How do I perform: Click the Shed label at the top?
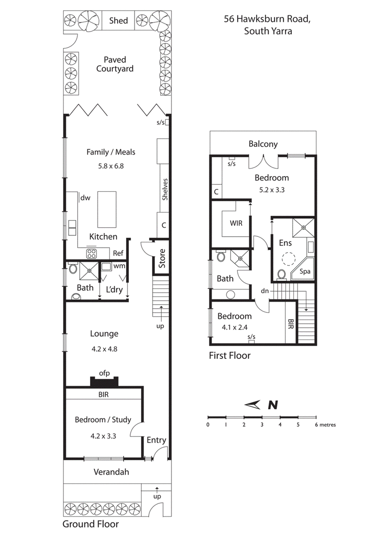[118, 20]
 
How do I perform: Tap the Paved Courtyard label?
[115, 64]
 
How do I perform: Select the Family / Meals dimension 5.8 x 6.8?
[110, 166]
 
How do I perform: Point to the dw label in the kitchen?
[86, 197]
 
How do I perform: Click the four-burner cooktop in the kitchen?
[91, 253]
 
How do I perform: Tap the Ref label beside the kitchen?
[118, 253]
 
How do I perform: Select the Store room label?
[162, 258]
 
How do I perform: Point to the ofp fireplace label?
[104, 373]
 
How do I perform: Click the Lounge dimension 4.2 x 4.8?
[104, 349]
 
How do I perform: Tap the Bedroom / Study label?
[103, 420]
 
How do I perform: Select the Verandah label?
[111, 472]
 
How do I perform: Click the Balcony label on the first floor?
[263, 144]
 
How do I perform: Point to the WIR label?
[235, 223]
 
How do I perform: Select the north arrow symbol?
[254, 404]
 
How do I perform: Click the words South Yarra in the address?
[268, 32]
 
